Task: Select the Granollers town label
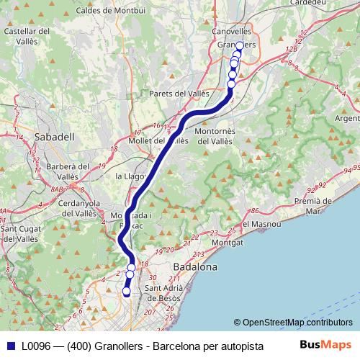click(x=236, y=45)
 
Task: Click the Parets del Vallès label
click(x=179, y=94)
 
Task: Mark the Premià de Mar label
click(x=322, y=207)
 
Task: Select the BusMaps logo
click(x=328, y=345)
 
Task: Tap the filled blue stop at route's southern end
click(x=127, y=292)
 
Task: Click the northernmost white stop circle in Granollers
click(x=239, y=45)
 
